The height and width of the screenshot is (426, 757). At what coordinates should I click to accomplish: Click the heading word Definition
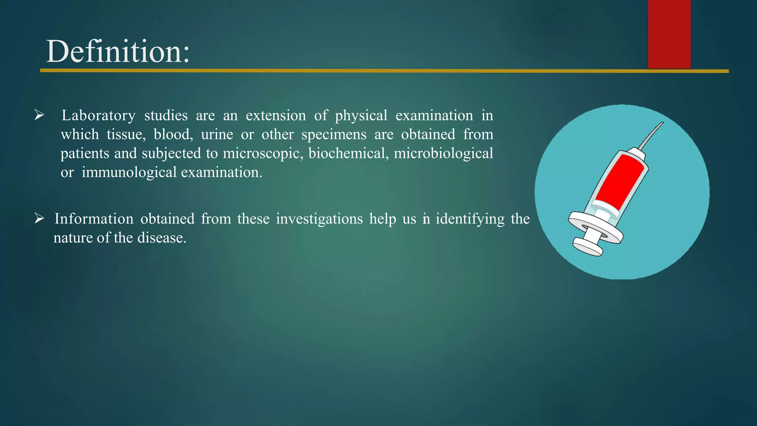tap(118, 52)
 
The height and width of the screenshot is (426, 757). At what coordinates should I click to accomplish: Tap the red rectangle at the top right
tap(669, 34)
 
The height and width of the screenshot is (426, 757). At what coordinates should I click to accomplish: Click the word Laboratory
tap(98, 116)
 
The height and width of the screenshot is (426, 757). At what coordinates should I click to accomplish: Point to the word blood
tap(173, 135)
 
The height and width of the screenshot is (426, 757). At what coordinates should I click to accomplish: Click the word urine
tap(217, 135)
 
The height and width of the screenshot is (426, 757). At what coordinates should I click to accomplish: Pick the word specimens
tap(334, 135)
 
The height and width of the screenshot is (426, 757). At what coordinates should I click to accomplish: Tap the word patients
tap(85, 153)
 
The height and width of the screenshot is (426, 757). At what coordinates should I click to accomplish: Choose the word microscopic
tap(263, 153)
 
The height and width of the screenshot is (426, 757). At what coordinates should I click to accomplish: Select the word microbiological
tap(443, 153)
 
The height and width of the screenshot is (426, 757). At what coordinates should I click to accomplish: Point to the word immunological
tap(129, 172)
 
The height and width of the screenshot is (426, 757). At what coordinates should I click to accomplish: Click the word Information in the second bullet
tap(94, 219)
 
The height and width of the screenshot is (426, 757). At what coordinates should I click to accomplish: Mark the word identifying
tap(470, 219)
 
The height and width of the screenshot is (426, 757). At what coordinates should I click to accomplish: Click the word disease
tap(162, 238)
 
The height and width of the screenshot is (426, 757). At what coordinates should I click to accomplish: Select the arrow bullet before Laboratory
tap(39, 115)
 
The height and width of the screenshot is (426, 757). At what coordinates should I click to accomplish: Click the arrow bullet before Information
tap(39, 218)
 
